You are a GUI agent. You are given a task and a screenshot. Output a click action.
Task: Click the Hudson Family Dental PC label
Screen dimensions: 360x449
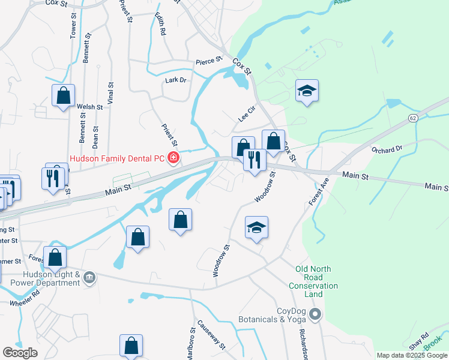pyautogui.click(x=117, y=158)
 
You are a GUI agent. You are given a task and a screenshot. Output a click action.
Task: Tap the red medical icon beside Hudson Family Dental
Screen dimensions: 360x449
pyautogui.click(x=173, y=158)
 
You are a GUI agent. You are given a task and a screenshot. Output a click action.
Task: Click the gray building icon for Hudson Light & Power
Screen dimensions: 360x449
pyautogui.click(x=89, y=277)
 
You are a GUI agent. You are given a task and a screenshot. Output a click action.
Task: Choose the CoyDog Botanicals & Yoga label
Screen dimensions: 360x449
pyautogui.click(x=274, y=315)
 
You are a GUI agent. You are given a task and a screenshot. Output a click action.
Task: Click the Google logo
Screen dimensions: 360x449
pyautogui.click(x=20, y=353)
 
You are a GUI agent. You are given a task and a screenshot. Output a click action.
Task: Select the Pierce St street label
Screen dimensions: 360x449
pyautogui.click(x=209, y=61)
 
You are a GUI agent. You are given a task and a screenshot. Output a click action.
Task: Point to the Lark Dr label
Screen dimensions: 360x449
pyautogui.click(x=176, y=80)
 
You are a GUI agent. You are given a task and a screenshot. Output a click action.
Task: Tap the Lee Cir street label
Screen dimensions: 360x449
pyautogui.click(x=247, y=113)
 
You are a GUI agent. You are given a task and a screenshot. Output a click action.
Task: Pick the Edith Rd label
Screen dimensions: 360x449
pyautogui.click(x=160, y=24)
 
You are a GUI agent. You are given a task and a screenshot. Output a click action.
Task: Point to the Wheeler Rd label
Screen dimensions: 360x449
pyautogui.click(x=25, y=299)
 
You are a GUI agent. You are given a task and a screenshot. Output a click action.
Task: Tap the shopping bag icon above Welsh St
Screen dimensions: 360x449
pyautogui.click(x=63, y=95)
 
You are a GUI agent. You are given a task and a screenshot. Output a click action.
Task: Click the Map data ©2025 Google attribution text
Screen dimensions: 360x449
pyautogui.click(x=412, y=355)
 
